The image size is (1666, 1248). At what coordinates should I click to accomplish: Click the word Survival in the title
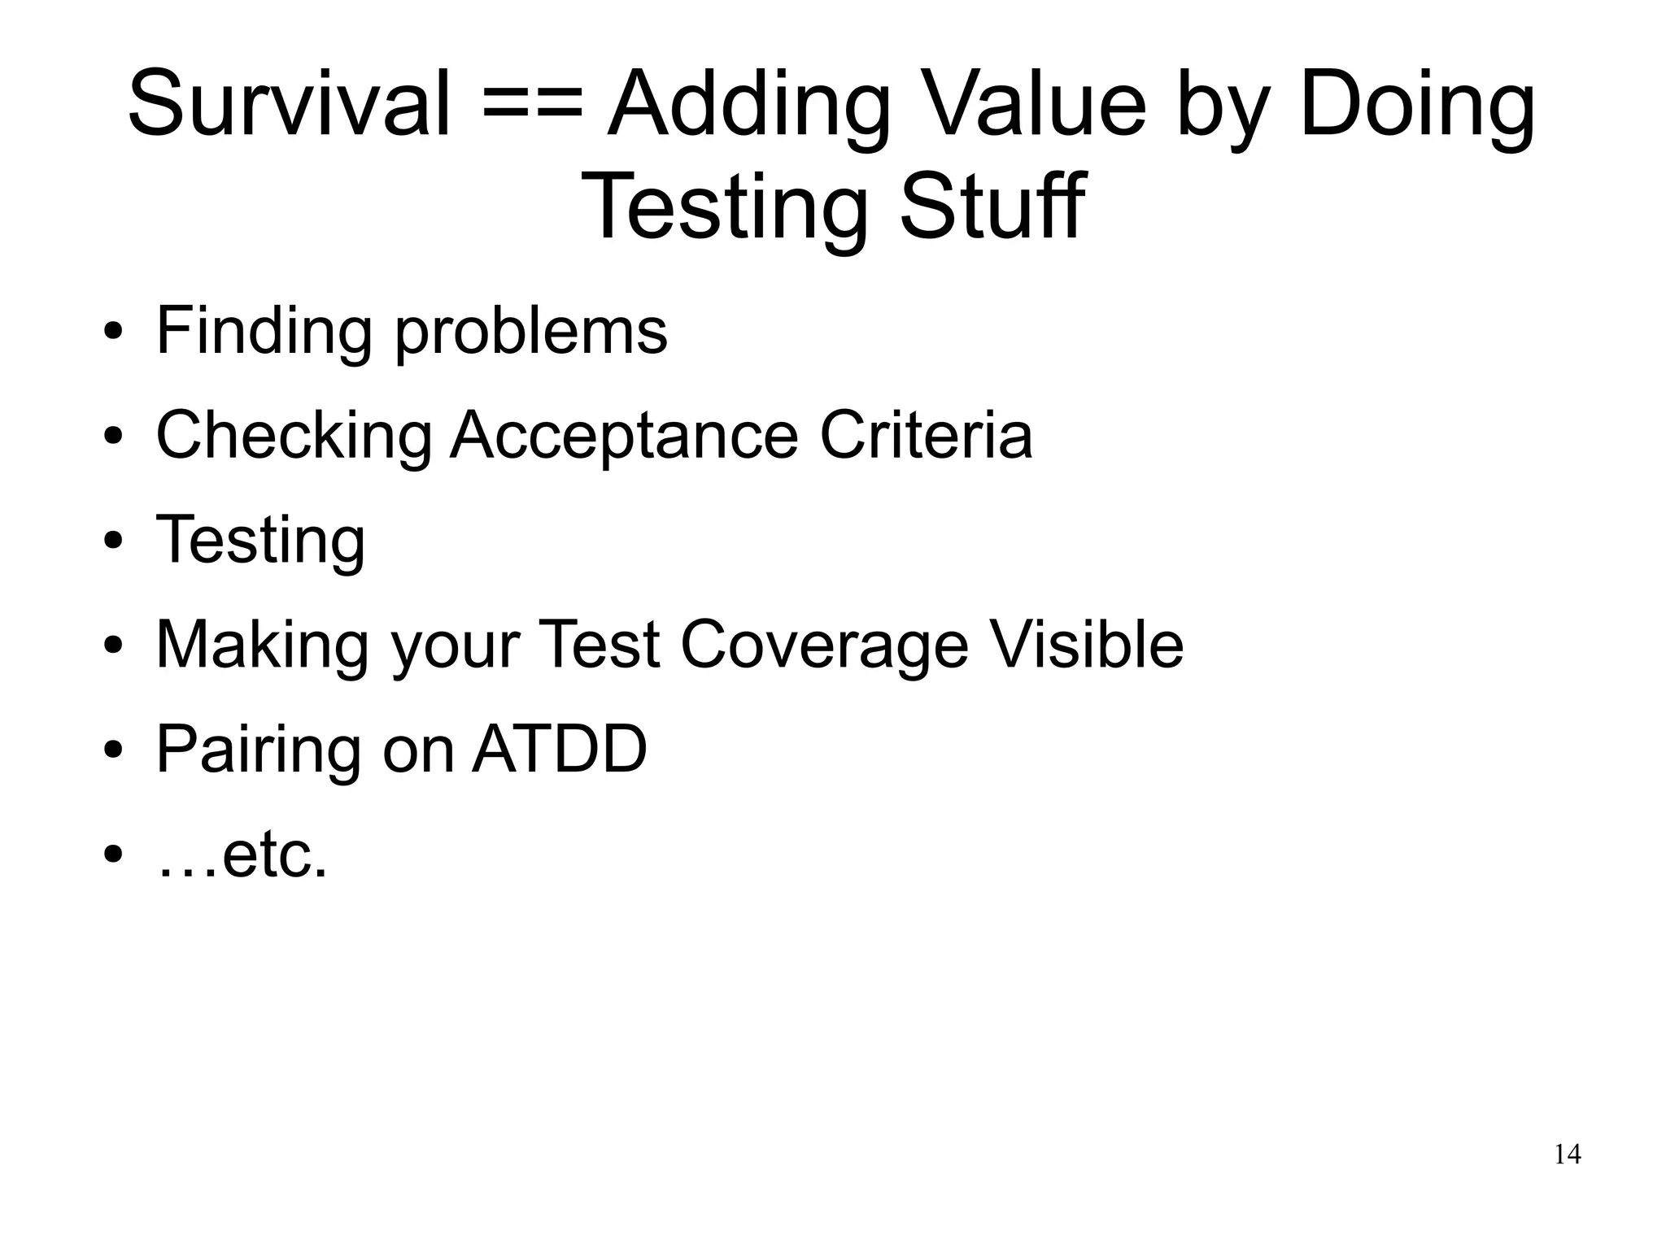(289, 104)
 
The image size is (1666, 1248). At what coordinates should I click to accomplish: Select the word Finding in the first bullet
(264, 333)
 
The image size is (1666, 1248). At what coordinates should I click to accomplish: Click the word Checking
(294, 437)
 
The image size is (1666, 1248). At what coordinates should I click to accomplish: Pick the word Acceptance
(624, 437)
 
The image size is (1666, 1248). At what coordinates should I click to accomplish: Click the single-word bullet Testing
(260, 541)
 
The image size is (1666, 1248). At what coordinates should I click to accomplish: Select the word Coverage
(824, 646)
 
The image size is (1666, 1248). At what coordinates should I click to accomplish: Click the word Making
(261, 646)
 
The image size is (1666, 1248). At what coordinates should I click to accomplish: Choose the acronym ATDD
(560, 749)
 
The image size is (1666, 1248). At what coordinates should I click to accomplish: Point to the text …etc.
(242, 855)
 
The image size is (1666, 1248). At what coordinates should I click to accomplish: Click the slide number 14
(1567, 1155)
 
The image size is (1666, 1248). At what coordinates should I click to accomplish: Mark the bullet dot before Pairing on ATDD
(113, 750)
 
